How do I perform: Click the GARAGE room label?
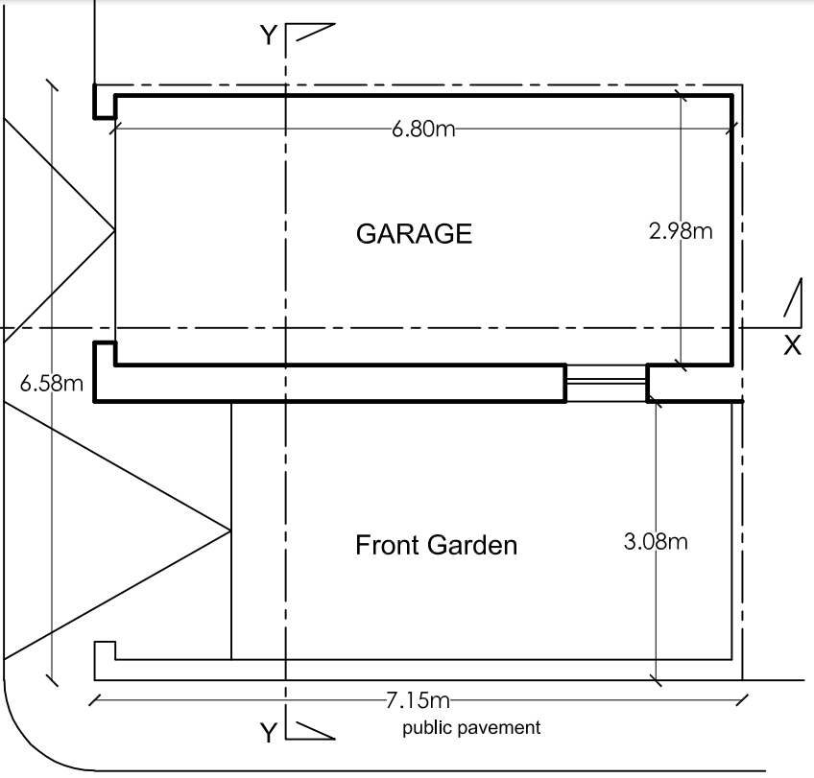click(x=414, y=233)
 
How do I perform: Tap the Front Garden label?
click(x=436, y=545)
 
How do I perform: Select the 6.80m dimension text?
click(x=423, y=129)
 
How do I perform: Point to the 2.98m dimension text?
click(x=681, y=231)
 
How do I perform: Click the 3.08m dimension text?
click(x=656, y=542)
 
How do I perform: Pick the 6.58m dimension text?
click(x=52, y=384)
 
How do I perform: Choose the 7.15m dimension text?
click(x=418, y=700)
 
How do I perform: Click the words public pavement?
click(x=471, y=728)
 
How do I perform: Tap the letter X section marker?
click(x=792, y=345)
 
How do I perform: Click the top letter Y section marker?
click(x=269, y=35)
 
